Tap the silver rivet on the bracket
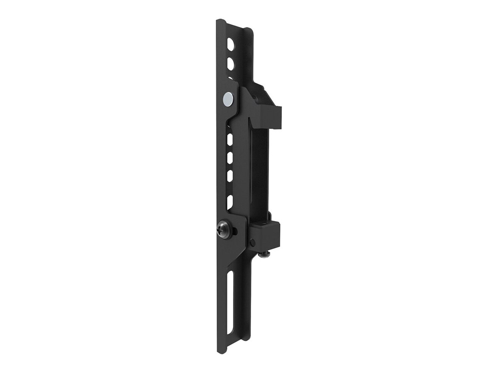(228, 99)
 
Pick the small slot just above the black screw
(230, 201)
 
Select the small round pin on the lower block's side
(253, 242)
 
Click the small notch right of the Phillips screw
(235, 230)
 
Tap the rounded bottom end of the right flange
(247, 338)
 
